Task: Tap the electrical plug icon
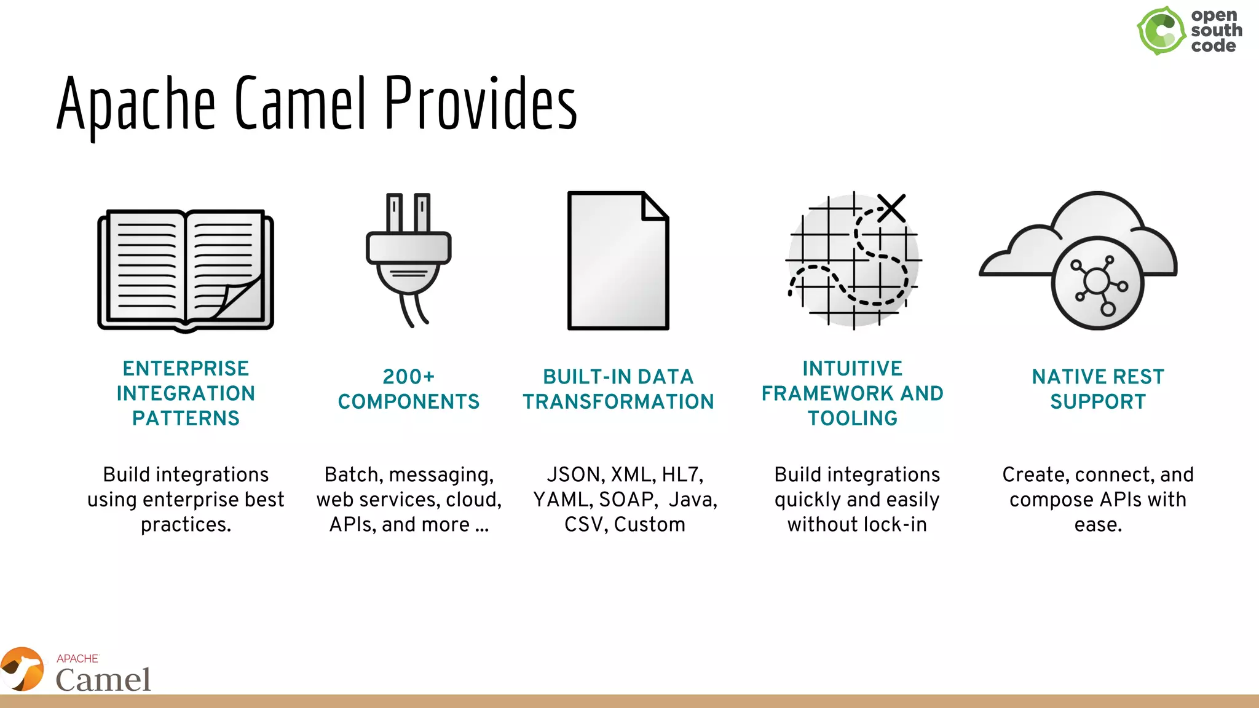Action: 408,258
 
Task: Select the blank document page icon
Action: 617,261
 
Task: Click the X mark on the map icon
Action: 891,208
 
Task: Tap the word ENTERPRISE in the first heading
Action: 186,368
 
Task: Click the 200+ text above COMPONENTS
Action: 408,376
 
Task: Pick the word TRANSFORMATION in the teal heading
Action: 618,401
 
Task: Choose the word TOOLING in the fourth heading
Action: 853,418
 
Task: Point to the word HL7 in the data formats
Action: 682,474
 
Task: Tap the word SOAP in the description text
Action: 625,500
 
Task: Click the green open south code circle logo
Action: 1161,31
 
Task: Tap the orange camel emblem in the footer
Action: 22,669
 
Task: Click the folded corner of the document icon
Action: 655,206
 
